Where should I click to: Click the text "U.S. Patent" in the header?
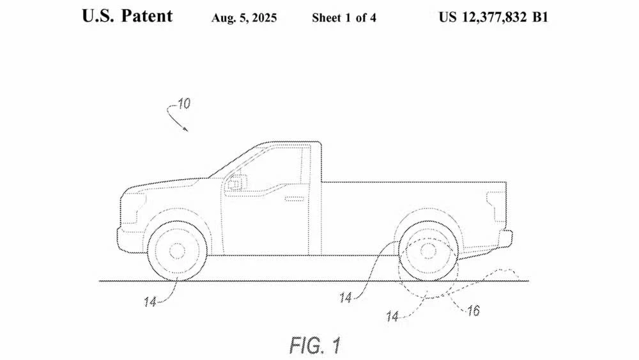pos(127,16)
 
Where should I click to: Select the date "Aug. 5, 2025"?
pos(244,18)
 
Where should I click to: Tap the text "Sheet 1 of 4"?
pos(344,18)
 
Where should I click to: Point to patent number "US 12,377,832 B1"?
pos(493,17)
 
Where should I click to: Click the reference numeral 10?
pos(183,104)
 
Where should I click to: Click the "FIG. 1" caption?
pos(315,345)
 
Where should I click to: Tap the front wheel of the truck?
pos(177,251)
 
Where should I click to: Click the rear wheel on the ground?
pos(428,251)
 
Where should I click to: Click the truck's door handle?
pos(295,200)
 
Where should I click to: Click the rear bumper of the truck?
pos(504,239)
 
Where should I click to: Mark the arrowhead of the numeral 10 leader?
pos(187,130)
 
